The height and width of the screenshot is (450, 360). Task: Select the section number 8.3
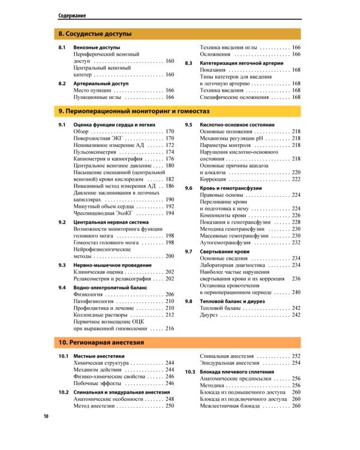click(x=188, y=62)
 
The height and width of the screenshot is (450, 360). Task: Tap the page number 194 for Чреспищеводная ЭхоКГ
click(x=170, y=213)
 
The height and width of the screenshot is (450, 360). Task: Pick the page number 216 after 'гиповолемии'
click(x=170, y=328)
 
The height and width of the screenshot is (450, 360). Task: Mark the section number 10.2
click(x=63, y=392)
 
